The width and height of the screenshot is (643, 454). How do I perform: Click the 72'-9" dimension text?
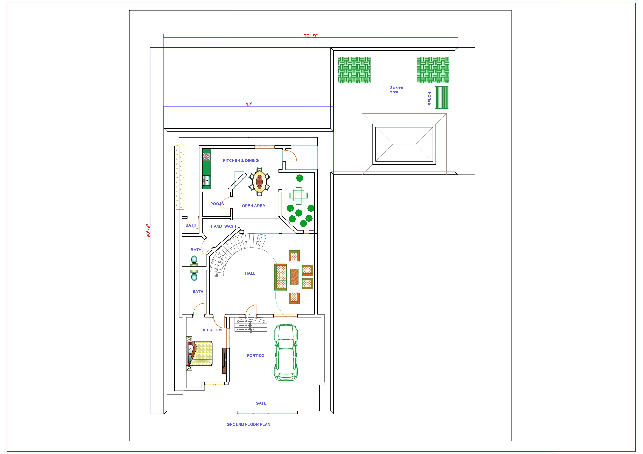pos(311,36)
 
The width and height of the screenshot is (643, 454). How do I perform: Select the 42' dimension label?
pos(248,104)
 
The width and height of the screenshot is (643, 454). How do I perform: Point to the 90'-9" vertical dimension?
pos(148,231)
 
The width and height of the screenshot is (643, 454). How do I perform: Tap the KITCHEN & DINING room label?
pos(241,161)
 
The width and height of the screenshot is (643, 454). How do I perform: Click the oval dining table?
pos(259,181)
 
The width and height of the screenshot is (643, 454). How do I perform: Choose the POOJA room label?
pos(217,204)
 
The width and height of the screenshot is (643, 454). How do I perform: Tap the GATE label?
pos(261,403)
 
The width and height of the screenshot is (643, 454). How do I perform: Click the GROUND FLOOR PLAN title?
pos(248,424)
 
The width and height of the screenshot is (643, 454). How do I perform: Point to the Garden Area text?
pos(396,90)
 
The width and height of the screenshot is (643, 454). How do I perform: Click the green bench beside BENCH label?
pos(441,98)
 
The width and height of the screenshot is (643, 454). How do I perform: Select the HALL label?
pos(250,273)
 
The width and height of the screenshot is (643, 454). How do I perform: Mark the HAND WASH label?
pos(223,226)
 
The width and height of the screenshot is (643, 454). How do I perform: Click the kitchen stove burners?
pos(206,157)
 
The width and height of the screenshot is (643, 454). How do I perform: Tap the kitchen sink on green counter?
pos(207,180)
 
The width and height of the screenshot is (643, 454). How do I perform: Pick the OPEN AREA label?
pos(253,206)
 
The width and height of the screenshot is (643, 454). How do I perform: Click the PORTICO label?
pos(255,355)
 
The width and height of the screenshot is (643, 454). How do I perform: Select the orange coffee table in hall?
pos(294,277)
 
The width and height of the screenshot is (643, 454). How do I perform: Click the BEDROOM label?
pos(211,330)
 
